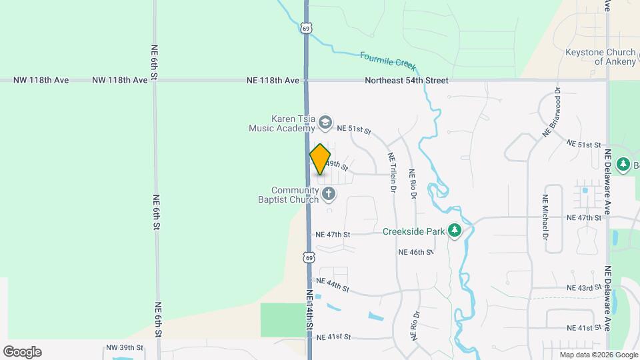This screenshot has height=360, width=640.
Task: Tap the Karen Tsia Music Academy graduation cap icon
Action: [x=325, y=121]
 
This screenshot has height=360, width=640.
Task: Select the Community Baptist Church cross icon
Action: [x=328, y=194]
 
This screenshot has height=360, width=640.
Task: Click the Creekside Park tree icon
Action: [x=455, y=231]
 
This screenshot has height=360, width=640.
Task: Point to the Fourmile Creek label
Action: [x=387, y=61]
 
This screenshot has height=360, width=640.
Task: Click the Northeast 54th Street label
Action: [x=406, y=81]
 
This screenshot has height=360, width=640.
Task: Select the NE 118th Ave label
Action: [x=273, y=81]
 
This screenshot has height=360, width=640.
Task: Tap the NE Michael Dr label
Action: [x=545, y=217]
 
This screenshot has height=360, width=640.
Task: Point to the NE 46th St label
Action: [x=416, y=253]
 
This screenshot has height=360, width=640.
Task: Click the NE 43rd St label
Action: [x=584, y=287]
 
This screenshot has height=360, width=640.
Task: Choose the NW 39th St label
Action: [x=125, y=348]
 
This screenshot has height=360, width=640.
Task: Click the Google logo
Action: [x=22, y=352]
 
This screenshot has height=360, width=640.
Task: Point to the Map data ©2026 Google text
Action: [x=597, y=355]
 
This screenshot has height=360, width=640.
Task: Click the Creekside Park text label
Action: [x=413, y=231]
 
